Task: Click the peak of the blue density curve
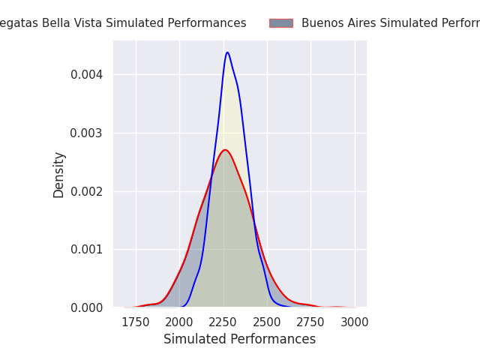pyautogui.click(x=227, y=52)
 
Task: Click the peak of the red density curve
pyautogui.click(x=224, y=150)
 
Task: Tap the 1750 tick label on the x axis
pyautogui.click(x=136, y=322)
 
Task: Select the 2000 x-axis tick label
pyautogui.click(x=179, y=322)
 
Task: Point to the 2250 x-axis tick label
pyautogui.click(x=223, y=322)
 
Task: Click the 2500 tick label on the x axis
pyautogui.click(x=267, y=322)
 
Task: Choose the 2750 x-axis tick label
pyautogui.click(x=310, y=322)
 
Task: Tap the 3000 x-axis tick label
pyautogui.click(x=354, y=322)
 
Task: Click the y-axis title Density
pyautogui.click(x=59, y=175)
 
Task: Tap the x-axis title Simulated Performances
pyautogui.click(x=239, y=340)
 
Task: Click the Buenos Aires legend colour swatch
pyautogui.click(x=281, y=23)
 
